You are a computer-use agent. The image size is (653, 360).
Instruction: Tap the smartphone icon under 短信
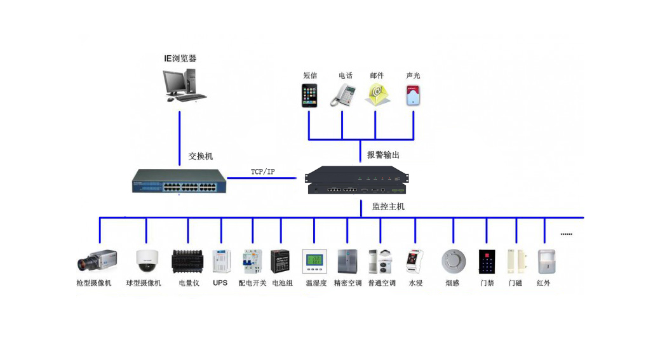coord(309,95)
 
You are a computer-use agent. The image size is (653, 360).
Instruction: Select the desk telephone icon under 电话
coord(343,95)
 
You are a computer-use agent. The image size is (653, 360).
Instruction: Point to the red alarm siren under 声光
coord(414,95)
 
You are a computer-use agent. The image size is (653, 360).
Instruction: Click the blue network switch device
coord(178,181)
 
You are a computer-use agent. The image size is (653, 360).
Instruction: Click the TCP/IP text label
coord(262,172)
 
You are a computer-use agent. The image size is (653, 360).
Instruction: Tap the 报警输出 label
coord(383,155)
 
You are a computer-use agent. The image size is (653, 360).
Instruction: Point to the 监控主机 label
coord(388,206)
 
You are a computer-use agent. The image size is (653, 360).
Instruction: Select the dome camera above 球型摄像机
coord(146,260)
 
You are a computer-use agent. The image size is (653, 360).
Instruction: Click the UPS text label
coord(220,283)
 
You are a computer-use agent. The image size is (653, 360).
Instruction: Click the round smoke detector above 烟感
coord(454,261)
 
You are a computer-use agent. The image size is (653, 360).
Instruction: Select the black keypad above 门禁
coord(487,261)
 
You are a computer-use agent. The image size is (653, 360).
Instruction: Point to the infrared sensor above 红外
coord(544,261)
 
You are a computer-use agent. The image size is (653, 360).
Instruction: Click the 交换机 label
coord(201,156)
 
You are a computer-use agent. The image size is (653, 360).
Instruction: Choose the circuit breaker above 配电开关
coord(251,261)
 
